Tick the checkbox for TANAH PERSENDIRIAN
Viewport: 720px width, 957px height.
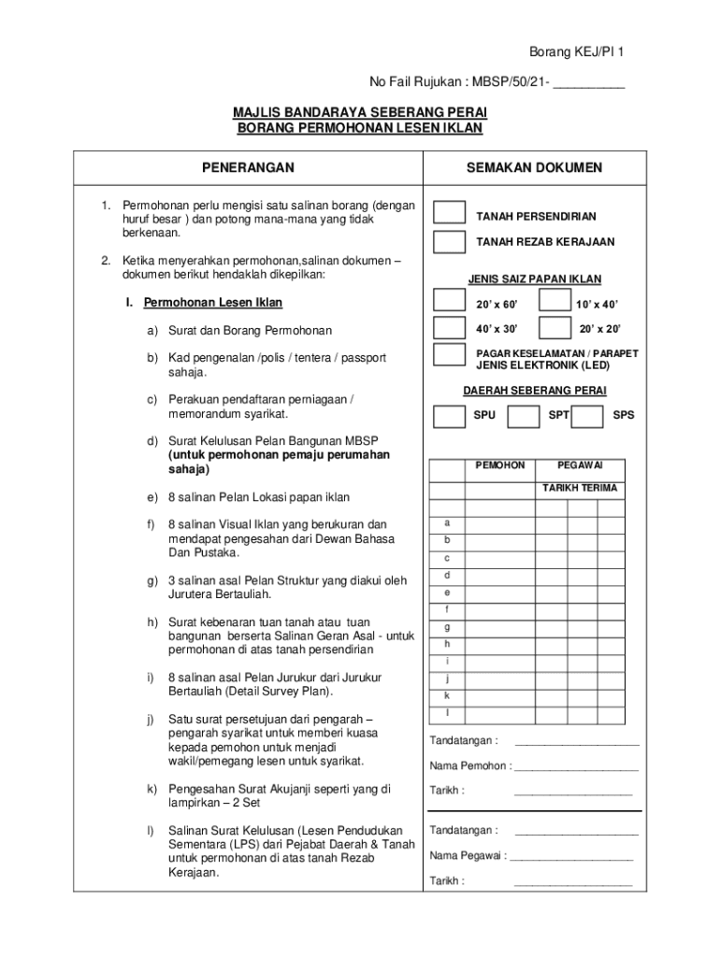point(449,212)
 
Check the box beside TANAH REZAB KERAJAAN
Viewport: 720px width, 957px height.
point(449,242)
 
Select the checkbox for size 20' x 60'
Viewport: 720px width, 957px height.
point(449,302)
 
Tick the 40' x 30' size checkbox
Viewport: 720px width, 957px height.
point(449,328)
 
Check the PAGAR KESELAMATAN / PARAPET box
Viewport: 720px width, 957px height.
point(449,355)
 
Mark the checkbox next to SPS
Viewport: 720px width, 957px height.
point(586,415)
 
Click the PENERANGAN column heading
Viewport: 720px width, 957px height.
point(248,167)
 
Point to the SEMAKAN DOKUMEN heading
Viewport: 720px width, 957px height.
point(534,167)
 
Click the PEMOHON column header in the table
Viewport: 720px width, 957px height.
point(500,464)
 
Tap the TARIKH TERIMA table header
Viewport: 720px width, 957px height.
point(580,488)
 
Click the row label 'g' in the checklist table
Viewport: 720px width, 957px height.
point(447,627)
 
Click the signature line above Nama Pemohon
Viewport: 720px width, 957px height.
point(576,743)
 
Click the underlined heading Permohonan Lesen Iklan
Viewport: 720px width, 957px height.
point(211,303)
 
